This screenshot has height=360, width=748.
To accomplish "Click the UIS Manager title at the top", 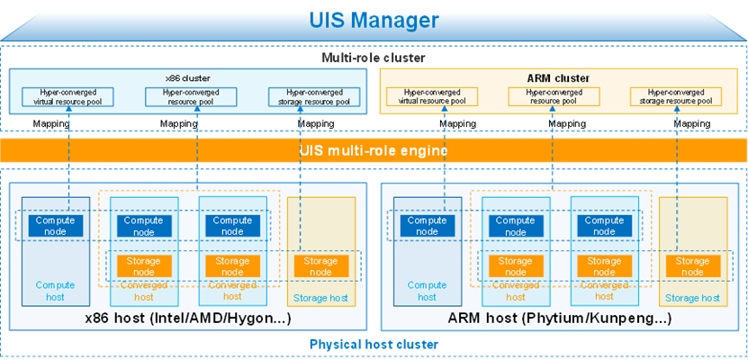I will [374, 19].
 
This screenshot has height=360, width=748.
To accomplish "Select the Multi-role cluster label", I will [373, 58].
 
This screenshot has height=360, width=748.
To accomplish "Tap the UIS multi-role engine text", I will [374, 149].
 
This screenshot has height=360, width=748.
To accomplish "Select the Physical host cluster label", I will [373, 344].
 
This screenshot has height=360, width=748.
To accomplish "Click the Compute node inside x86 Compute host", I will [55, 226].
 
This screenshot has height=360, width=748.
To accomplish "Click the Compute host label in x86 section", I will [55, 290].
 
